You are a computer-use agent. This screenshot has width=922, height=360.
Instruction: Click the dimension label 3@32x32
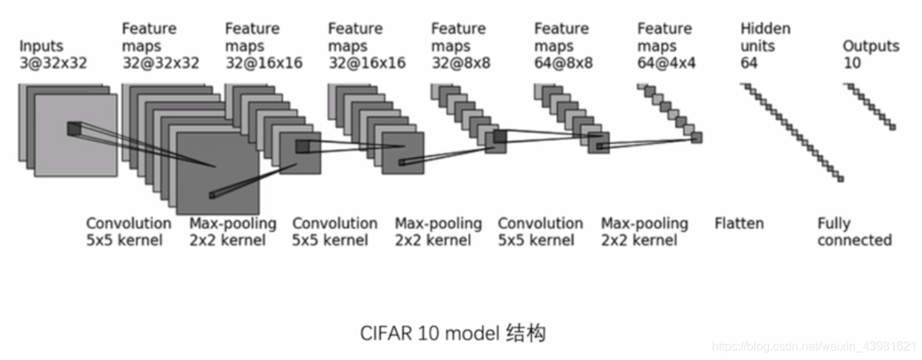coord(53,63)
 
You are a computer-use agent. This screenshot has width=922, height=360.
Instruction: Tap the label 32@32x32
coord(160,63)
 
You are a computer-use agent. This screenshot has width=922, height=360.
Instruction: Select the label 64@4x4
coord(666,63)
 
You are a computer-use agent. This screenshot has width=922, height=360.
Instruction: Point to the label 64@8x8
coord(563,63)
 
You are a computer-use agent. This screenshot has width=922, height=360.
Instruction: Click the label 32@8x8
coord(460,63)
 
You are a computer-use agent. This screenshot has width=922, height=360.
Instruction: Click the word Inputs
coord(41,46)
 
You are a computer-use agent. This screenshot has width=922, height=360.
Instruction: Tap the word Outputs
coord(871,46)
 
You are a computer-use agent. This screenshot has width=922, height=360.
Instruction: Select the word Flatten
coord(738,224)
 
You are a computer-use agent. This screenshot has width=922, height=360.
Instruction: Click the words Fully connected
coord(854,232)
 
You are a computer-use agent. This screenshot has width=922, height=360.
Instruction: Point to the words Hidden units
coord(765,38)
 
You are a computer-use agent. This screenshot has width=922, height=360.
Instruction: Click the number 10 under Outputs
coord(851,63)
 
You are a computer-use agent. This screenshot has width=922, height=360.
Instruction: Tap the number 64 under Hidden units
coord(749,63)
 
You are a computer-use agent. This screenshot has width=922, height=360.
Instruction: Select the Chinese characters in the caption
coord(526,332)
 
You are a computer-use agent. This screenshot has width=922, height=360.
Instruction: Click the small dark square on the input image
coord(73,129)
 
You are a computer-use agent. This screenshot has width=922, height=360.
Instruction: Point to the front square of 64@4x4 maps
coord(696,138)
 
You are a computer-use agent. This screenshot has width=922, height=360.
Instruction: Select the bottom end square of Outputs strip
coord(893,127)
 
